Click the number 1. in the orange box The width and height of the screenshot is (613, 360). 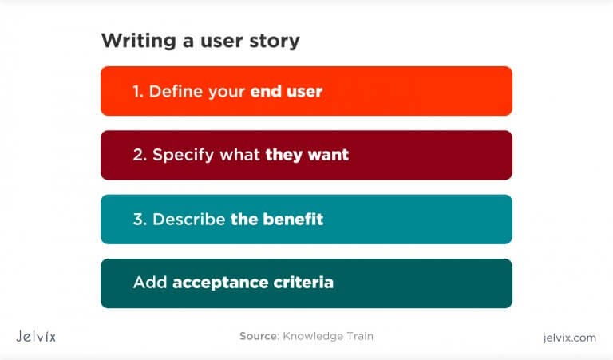coord(138,91)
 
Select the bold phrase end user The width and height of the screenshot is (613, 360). coord(287,91)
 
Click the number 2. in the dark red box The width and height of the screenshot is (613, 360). coord(140,155)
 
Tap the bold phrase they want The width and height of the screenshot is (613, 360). coord(307,155)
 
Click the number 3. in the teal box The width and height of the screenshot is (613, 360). coord(140,219)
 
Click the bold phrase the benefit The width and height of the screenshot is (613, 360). coord(277,219)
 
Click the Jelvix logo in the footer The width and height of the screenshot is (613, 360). coord(36,337)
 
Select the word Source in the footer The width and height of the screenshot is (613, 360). coord(258,336)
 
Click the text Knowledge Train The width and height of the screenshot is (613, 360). coord(328,336)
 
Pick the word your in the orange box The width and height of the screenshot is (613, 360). coord(226,92)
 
